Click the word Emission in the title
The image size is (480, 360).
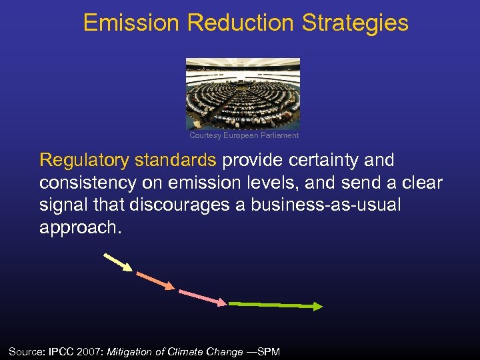point(131,23)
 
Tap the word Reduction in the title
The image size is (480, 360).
point(241,23)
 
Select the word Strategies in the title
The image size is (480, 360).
point(355,23)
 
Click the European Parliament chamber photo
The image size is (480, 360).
point(243,93)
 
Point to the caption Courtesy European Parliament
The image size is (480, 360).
point(244,135)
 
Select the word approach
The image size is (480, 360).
point(79,227)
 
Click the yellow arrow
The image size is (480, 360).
point(118,262)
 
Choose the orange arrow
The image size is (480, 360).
point(155,280)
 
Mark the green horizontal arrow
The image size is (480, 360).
point(275,305)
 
